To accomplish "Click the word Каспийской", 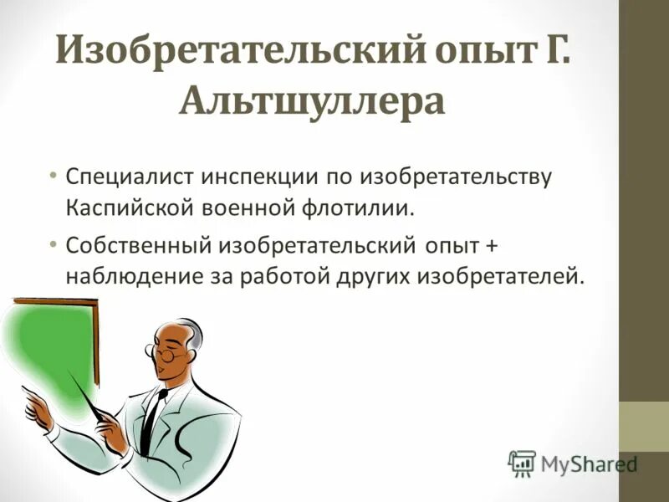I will [127, 207].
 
